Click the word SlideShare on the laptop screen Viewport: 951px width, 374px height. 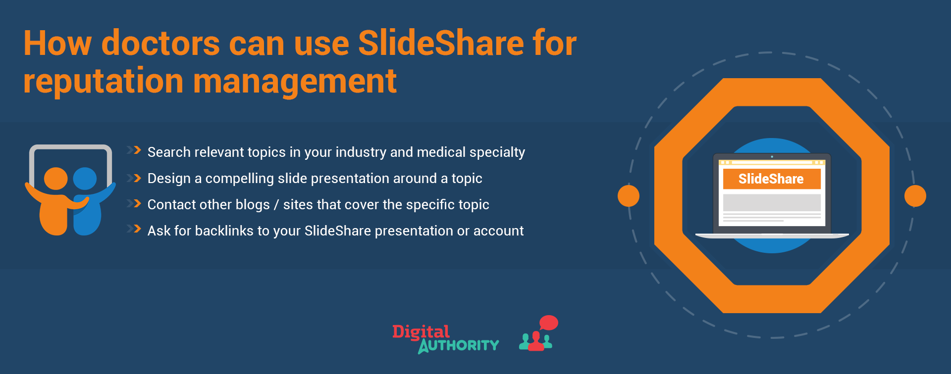771,179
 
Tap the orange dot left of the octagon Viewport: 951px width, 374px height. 629,196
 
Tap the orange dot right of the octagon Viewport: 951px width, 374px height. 915,196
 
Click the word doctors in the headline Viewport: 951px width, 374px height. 160,43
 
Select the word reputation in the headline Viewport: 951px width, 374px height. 103,81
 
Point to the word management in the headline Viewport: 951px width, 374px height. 295,81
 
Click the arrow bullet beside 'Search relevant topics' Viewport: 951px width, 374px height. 134,150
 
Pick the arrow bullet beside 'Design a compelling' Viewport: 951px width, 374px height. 134,178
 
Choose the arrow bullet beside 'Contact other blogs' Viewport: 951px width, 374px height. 134,203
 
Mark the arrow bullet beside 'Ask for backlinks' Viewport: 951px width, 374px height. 134,229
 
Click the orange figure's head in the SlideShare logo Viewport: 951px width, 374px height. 56,179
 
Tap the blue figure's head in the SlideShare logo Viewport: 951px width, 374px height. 85,179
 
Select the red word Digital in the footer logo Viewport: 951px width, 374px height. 421,332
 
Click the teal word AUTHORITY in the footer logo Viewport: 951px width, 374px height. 459,345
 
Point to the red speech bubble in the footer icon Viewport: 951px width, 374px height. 548,323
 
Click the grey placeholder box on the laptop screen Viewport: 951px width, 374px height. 772,203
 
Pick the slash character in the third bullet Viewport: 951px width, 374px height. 277,205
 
